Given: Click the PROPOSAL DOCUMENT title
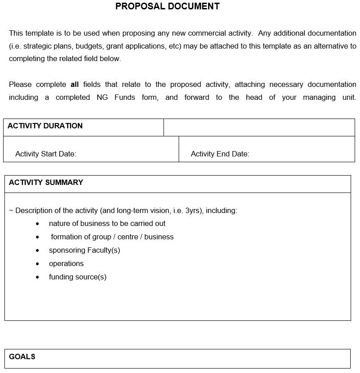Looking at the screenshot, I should click(x=167, y=6).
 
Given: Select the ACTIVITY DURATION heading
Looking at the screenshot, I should click(x=45, y=126).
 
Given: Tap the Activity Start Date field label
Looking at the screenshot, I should click(x=46, y=154).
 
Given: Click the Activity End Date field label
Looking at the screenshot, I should click(x=220, y=154).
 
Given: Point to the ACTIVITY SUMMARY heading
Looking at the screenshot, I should click(x=46, y=182).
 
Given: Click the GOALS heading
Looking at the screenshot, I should click(x=22, y=357).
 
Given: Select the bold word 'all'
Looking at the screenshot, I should click(x=75, y=84).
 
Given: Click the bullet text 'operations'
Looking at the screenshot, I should click(x=66, y=263).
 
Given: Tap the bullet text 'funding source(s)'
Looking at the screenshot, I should click(x=78, y=277).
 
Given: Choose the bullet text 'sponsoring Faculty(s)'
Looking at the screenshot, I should click(x=85, y=250).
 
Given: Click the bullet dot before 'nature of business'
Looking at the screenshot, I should click(x=37, y=224).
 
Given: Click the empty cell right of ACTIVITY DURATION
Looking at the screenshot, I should click(x=259, y=127).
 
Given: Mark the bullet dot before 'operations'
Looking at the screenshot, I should click(x=37, y=264).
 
